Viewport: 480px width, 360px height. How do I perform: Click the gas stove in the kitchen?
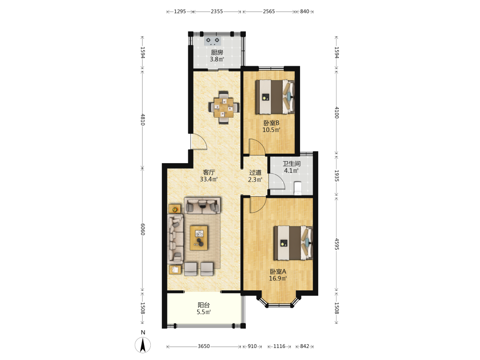coord(213,41)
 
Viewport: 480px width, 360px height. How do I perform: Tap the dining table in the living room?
coord(224,107)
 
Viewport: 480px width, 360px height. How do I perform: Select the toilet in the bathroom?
coord(298,188)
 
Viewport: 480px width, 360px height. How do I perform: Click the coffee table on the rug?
coord(199,238)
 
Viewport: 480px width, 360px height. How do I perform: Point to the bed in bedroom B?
coord(275,97)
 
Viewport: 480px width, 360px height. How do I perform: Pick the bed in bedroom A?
coord(293,243)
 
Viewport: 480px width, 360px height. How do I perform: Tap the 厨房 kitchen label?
coord(217,52)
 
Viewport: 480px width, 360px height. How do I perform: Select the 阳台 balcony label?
coord(204,305)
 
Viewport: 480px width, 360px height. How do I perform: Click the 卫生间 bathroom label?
coord(291,164)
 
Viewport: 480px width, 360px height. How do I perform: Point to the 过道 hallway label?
coord(255,172)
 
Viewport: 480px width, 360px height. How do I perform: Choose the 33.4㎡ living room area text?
coord(208,180)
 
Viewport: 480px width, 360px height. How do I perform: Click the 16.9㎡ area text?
coord(277,278)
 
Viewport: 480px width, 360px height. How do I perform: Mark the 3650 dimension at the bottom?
coord(204,346)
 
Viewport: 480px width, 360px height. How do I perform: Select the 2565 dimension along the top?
coord(269,12)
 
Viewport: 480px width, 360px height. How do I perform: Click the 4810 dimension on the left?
coord(143,120)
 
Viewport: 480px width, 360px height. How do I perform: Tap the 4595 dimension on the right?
coord(337,244)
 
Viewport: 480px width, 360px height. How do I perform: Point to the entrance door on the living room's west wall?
coord(198,142)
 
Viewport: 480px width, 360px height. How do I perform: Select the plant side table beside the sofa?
coord(175,209)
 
